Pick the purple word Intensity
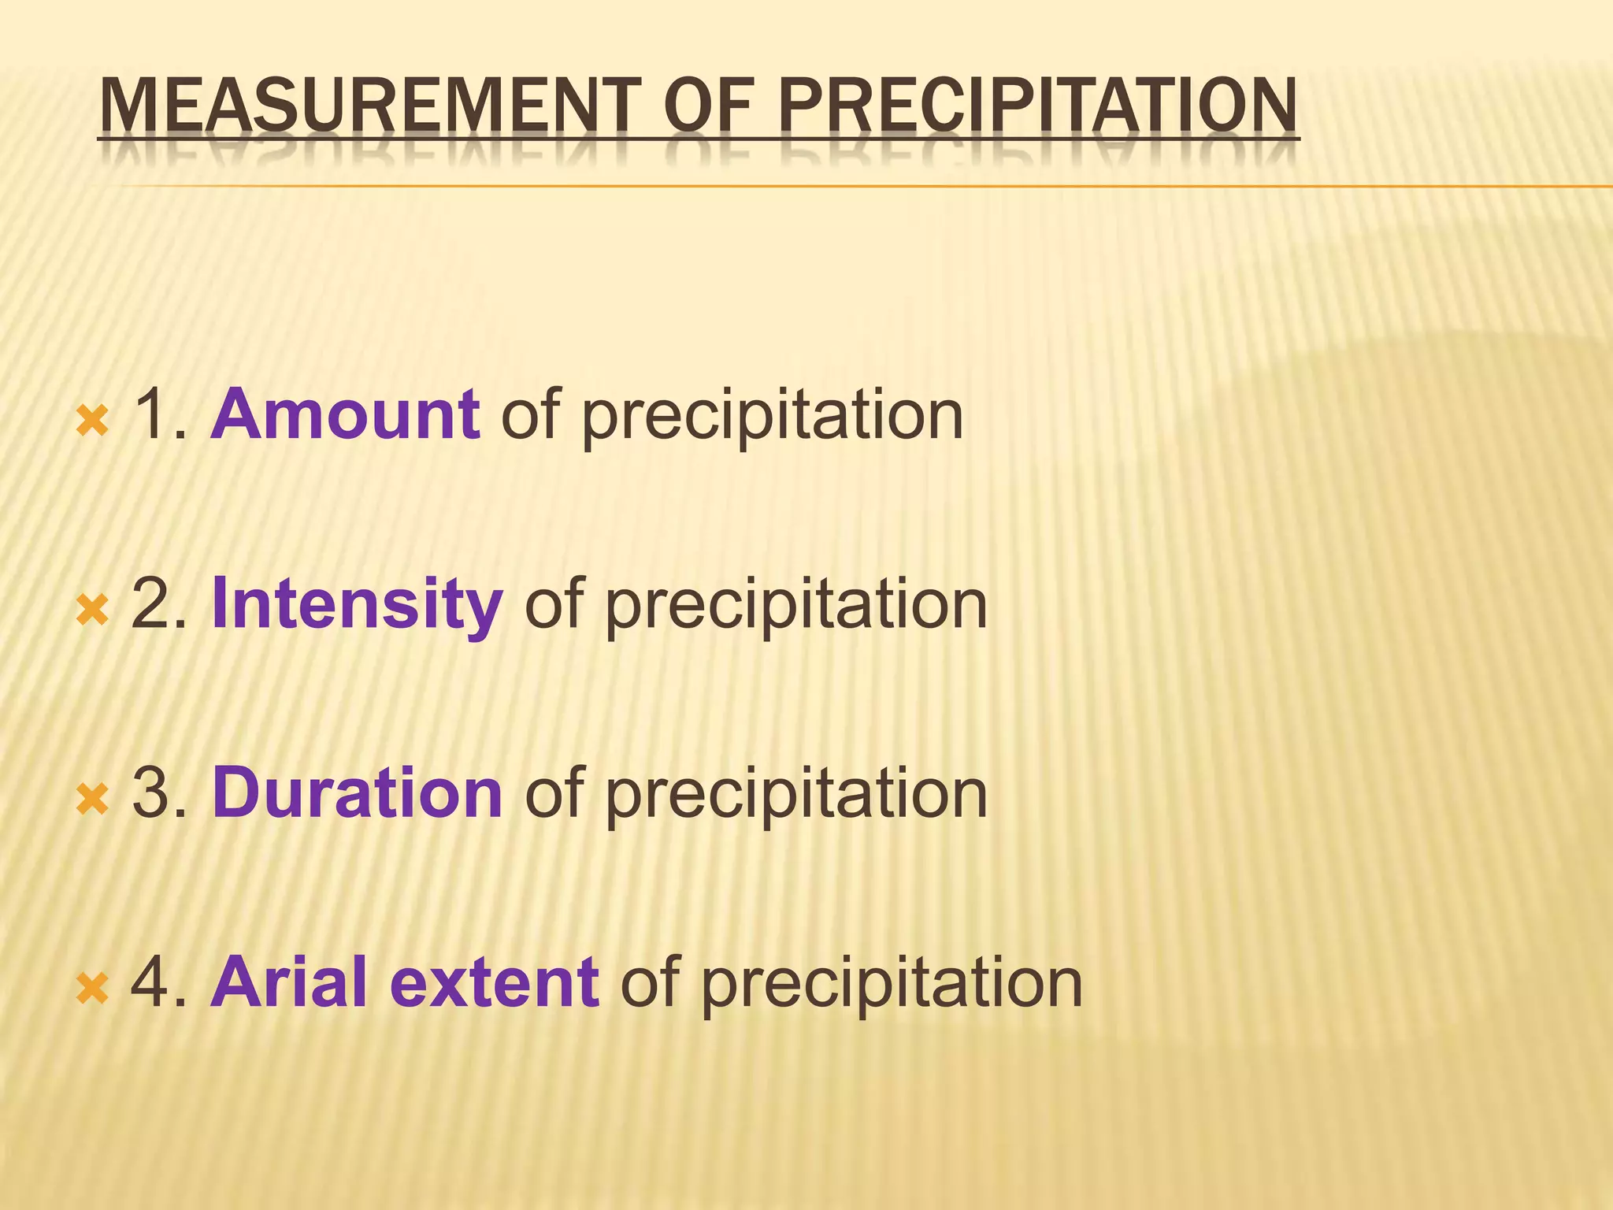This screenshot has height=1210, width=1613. (357, 605)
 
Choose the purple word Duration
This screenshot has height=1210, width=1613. (357, 793)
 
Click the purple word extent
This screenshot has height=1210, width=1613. (495, 982)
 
